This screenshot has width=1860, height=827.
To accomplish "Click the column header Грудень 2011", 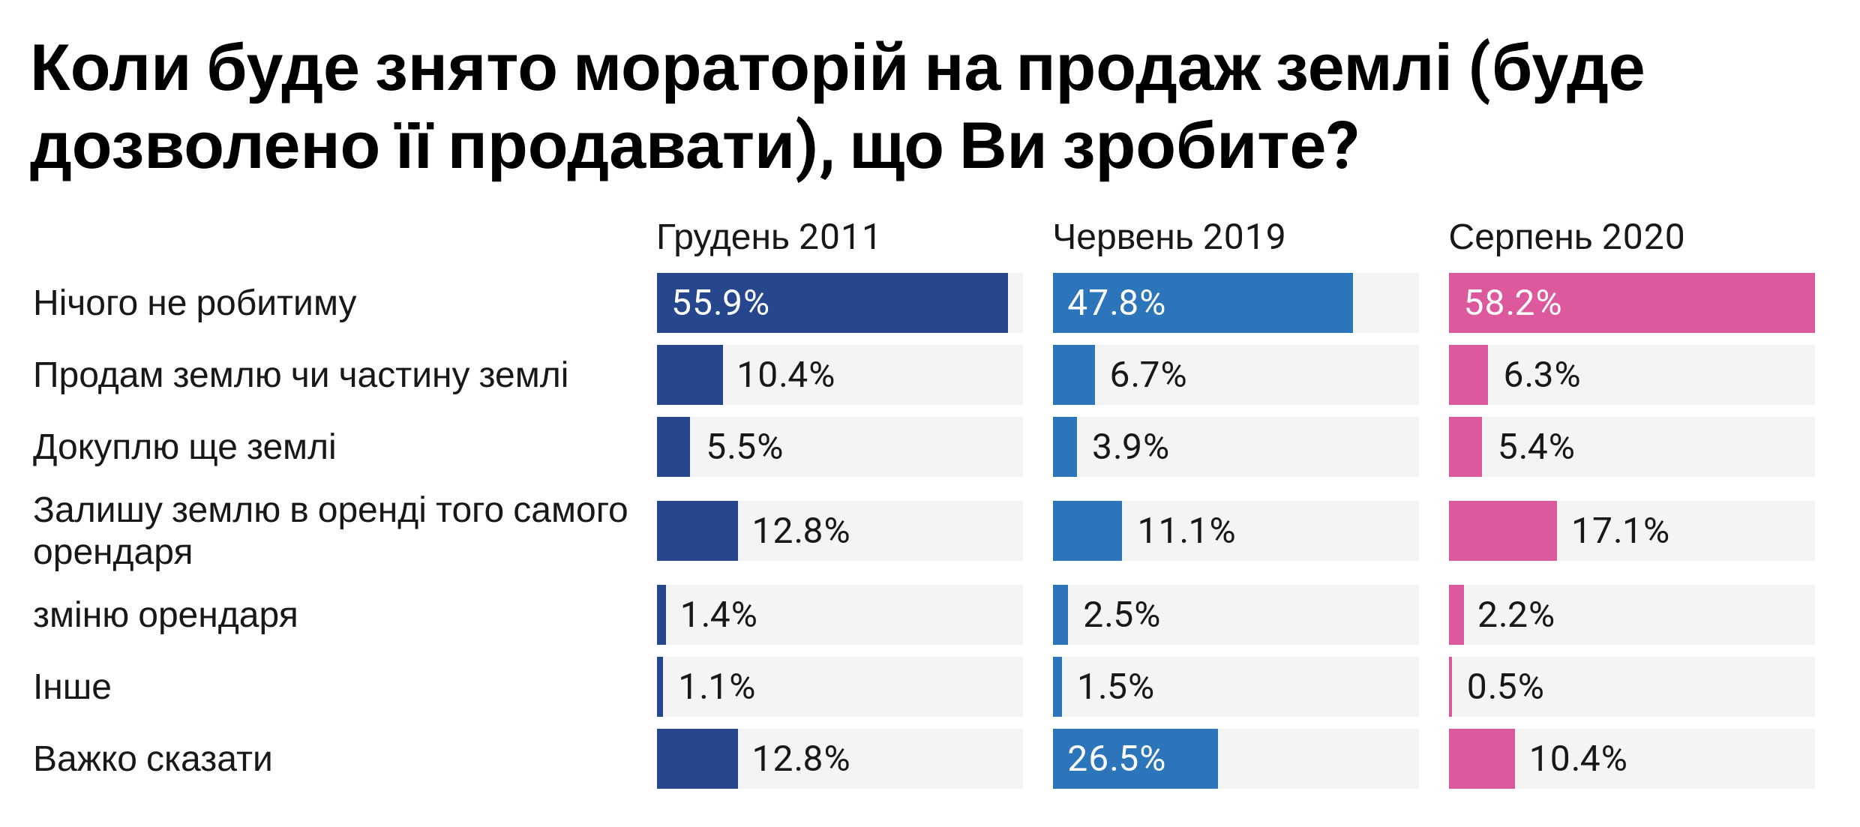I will [768, 237].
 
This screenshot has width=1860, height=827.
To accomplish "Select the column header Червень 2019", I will [1168, 237].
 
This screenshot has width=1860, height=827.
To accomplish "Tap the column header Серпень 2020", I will [1566, 237].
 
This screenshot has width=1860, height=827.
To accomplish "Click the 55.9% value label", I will [720, 303].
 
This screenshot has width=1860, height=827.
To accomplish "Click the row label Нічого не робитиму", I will [194, 303].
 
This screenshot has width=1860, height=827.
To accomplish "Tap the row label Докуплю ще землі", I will [184, 447].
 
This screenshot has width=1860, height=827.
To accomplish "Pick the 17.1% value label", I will [1620, 531].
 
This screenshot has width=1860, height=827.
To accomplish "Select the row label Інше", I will [72, 687].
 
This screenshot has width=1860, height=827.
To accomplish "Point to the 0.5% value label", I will [1504, 687].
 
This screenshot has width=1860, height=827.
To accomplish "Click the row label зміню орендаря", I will [165, 615].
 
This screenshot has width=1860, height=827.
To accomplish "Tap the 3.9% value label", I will [1129, 447].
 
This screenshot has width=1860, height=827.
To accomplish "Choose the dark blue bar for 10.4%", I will [689, 375].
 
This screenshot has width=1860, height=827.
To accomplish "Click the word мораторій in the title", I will [741, 69].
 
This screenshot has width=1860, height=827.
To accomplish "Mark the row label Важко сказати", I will [152, 759].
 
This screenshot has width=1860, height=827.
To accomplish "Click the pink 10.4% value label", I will [1577, 759].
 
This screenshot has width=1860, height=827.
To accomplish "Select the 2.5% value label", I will [1120, 615].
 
